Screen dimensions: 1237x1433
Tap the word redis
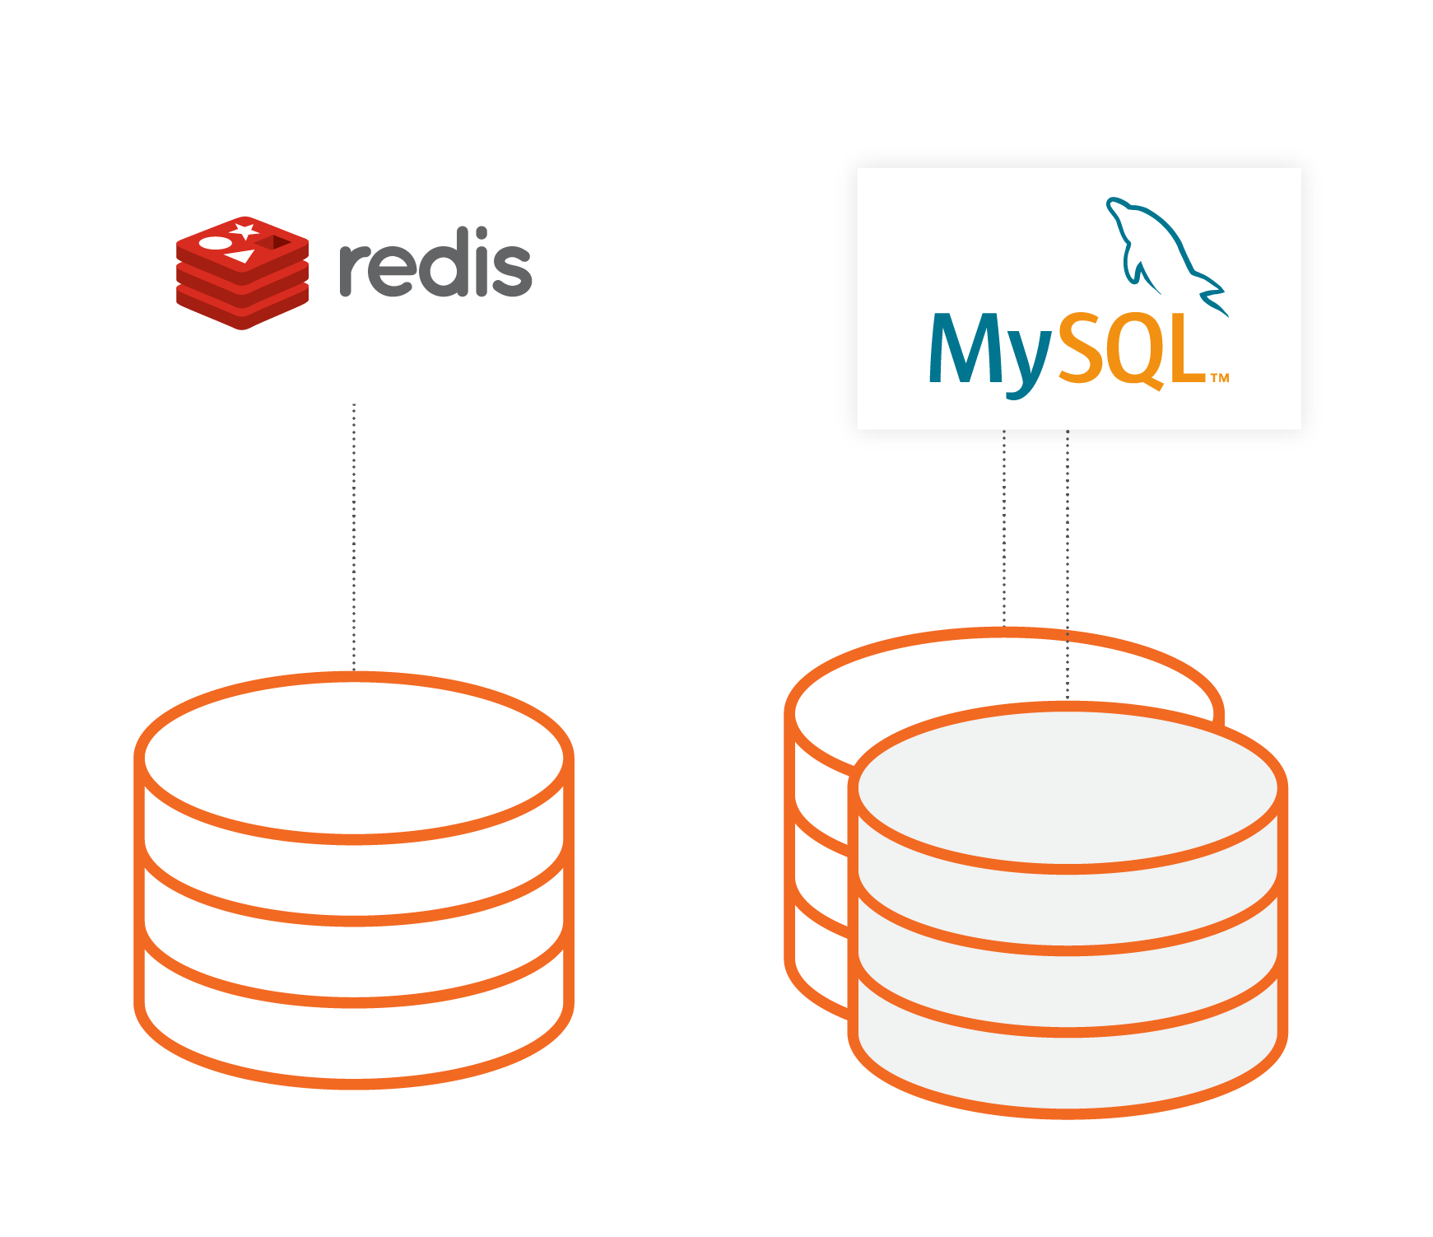click(x=435, y=264)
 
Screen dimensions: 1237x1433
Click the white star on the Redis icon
click(x=244, y=230)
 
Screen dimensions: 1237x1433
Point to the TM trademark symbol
click(x=1220, y=378)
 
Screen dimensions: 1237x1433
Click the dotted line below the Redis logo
click(x=354, y=535)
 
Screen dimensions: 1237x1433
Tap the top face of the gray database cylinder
click(x=1068, y=787)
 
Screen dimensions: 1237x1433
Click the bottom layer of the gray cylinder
click(x=1068, y=1071)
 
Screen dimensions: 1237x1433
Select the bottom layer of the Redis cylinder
click(x=354, y=1042)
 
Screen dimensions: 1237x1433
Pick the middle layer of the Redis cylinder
click(x=354, y=959)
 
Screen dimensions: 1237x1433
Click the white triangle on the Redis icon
click(x=241, y=256)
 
